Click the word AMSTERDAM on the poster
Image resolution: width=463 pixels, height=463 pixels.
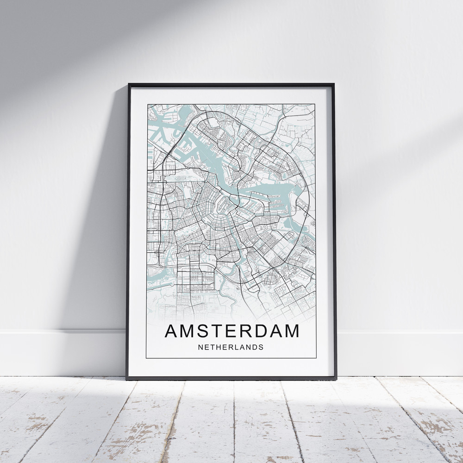point(231,332)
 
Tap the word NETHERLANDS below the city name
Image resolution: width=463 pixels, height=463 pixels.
point(231,347)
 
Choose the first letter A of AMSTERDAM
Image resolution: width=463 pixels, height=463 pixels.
point(171,332)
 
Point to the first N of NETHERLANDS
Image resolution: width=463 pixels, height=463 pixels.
point(200,347)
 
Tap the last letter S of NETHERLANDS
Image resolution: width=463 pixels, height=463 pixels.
point(261,347)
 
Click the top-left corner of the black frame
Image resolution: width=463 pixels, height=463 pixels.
point(129,84)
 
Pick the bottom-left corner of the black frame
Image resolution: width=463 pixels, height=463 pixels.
point(127,379)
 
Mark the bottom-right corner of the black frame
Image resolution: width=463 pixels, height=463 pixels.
point(336,379)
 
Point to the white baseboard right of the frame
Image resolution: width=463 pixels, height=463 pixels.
point(398,352)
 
